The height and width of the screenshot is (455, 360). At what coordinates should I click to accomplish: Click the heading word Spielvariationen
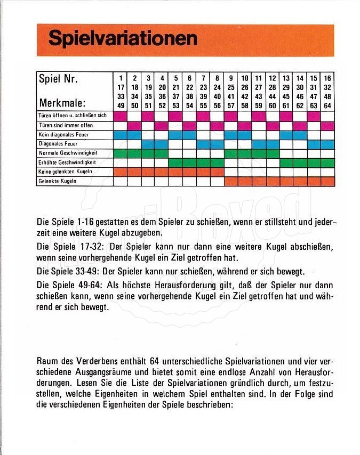point(123,38)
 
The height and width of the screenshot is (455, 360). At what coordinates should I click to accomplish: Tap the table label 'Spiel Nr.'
point(59,79)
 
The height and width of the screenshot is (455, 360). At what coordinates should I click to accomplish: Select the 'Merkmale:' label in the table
point(62,102)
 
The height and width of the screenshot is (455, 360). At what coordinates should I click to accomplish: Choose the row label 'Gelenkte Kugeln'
point(57,181)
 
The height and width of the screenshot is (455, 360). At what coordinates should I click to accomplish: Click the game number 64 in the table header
point(327,105)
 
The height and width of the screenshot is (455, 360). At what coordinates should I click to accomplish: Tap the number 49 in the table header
point(121,105)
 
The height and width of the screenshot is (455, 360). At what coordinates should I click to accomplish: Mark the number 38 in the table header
point(190,96)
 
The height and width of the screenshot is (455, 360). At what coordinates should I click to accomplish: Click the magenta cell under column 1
point(121,116)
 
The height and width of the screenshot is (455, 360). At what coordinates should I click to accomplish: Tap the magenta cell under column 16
point(327,125)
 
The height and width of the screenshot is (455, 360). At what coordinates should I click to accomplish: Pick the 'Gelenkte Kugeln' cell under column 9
point(231,181)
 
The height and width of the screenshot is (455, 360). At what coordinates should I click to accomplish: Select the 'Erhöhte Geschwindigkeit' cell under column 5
point(176,162)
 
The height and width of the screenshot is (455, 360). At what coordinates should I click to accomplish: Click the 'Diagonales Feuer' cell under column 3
point(148,144)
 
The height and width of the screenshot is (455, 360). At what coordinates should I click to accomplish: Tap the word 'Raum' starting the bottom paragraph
point(46,360)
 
